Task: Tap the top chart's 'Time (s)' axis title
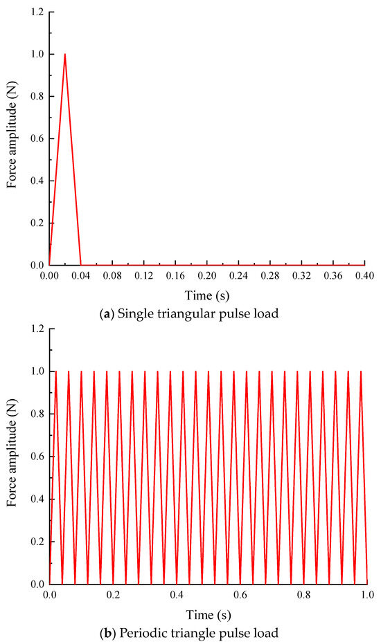tap(206, 293)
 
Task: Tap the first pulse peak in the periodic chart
tap(55, 372)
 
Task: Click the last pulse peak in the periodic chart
tap(361, 372)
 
